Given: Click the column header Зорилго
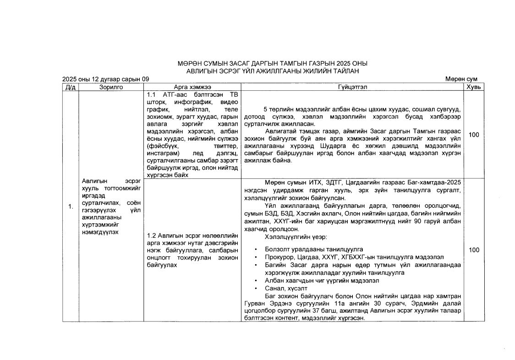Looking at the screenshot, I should click(x=111, y=87).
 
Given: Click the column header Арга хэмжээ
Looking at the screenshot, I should click(x=192, y=87).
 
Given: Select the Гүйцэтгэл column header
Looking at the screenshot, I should click(x=352, y=87).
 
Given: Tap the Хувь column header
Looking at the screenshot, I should click(x=474, y=87).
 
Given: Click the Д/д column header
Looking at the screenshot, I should click(x=71, y=87).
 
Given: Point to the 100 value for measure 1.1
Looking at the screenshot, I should click(x=474, y=134).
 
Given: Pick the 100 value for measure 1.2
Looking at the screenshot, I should click(x=474, y=250).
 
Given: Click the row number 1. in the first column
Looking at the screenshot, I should click(x=71, y=207).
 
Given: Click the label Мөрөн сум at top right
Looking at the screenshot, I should click(x=461, y=79).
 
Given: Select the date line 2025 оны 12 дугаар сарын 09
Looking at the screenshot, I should click(x=106, y=79).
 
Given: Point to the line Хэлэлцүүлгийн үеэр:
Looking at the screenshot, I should click(x=295, y=237).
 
